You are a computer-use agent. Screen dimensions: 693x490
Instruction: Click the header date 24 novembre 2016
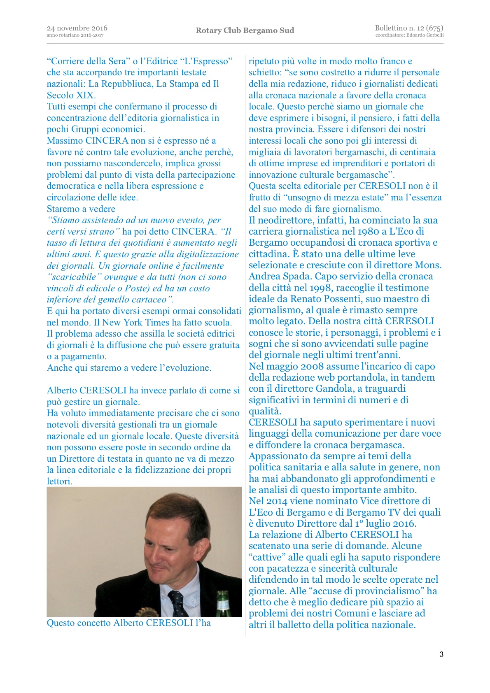pos(77,28)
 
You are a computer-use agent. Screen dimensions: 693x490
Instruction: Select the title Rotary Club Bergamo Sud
pos(245,30)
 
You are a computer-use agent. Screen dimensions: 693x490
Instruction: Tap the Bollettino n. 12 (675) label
pos(409,28)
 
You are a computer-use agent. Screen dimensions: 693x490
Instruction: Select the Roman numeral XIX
pos(85,95)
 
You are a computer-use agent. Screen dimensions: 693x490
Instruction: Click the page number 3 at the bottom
pos(441,654)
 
